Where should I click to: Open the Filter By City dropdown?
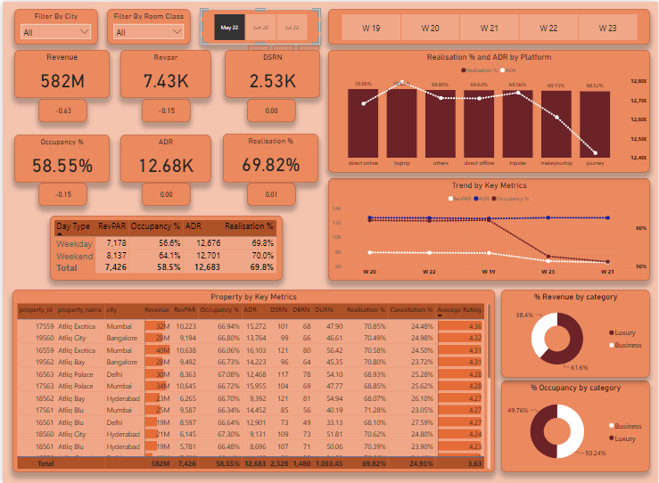[x=56, y=32]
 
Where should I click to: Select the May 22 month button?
[x=229, y=28]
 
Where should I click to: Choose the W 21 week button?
[x=490, y=29]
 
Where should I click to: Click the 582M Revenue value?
[x=62, y=81]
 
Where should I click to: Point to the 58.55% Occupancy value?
[x=62, y=166]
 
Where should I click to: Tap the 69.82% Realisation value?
[x=271, y=165]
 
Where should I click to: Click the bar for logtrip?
[x=401, y=124]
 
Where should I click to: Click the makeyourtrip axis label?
[x=556, y=164]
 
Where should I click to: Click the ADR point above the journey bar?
[x=594, y=153]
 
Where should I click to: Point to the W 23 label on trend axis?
[x=547, y=270]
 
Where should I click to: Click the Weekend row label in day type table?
[x=74, y=255]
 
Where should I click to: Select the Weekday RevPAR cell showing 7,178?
[x=111, y=243]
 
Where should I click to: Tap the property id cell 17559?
[x=39, y=326]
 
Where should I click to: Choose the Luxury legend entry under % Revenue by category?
[x=625, y=332]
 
